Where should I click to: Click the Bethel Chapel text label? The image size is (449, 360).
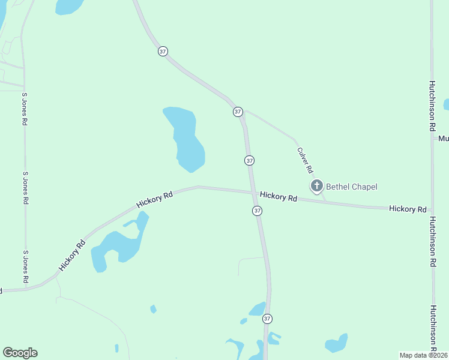351,187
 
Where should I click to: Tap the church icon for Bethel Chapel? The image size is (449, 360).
316,186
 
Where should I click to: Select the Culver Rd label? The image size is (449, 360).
305,161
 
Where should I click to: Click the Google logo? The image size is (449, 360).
20,353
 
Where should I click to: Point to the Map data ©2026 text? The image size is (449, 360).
424,355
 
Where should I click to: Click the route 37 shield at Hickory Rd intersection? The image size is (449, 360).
257,211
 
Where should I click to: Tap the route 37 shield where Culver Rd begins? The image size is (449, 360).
238,112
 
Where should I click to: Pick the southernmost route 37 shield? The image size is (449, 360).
267,319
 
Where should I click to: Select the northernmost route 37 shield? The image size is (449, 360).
163,51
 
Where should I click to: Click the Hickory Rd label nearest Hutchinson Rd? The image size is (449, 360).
408,209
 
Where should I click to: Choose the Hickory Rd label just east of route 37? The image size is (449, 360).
279,197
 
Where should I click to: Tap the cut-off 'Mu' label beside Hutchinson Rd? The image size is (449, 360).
443,139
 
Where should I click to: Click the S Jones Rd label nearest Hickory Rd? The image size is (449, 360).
25,267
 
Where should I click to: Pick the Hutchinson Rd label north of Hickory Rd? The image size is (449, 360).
432,106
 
